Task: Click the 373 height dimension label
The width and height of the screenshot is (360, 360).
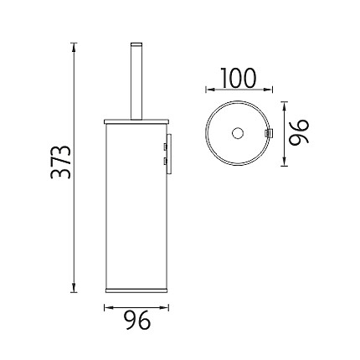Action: [x=60, y=162]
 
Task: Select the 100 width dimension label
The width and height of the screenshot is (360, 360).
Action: [x=238, y=77]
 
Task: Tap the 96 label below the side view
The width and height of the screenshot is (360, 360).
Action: [x=137, y=321]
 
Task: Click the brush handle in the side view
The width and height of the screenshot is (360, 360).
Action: [x=136, y=81]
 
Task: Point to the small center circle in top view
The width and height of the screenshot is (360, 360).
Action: [x=238, y=133]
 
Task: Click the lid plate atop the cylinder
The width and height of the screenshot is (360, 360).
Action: [x=136, y=121]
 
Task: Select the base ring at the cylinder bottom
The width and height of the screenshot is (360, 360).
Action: [x=136, y=290]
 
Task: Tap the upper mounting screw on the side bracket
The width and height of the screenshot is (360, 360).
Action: [x=165, y=147]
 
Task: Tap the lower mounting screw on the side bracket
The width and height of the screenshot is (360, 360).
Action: [x=165, y=161]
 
